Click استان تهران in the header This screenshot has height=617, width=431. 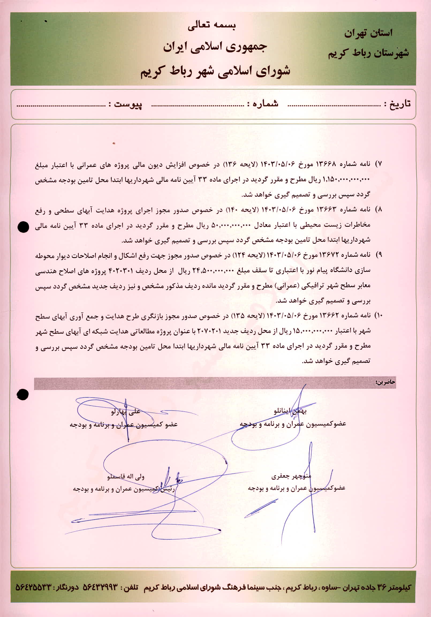[x=368, y=33]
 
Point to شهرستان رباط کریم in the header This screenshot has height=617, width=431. [x=368, y=53]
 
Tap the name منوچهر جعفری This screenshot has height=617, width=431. [x=291, y=477]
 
